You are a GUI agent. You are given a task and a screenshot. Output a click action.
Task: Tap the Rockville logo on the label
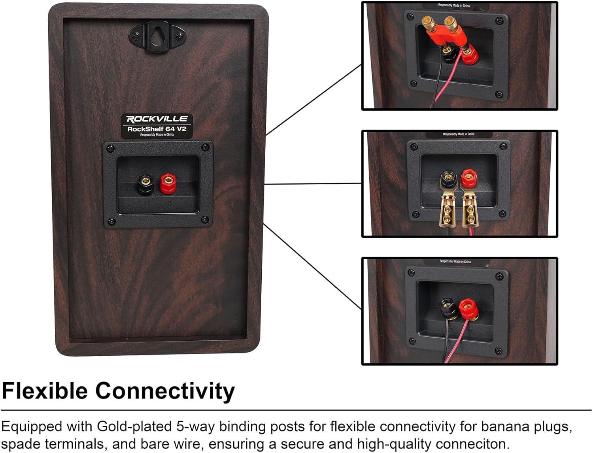point(157,119)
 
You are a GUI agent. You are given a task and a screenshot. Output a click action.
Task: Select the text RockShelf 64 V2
point(157,128)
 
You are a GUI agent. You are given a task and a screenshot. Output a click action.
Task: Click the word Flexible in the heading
point(45,391)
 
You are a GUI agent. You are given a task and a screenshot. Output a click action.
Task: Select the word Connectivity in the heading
point(165,391)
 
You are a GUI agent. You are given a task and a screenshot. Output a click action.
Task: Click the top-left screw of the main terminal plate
point(111,149)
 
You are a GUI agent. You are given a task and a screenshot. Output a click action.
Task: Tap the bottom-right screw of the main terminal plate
point(205,220)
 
